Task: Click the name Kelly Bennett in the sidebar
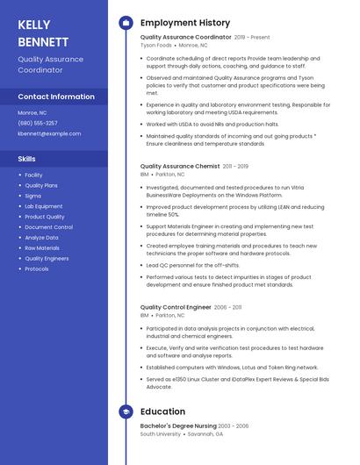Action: (43, 32)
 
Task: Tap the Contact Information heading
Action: (56, 97)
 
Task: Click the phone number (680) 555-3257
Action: (38, 123)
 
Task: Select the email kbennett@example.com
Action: (49, 133)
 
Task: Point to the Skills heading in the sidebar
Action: (27, 159)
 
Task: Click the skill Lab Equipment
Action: (44, 206)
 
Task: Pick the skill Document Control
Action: (49, 227)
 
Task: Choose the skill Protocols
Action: (37, 268)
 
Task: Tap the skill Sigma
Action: (33, 196)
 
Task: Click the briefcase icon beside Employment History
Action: (125, 23)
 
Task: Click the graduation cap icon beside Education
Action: (125, 411)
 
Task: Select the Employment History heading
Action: (185, 23)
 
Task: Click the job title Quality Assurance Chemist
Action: (180, 166)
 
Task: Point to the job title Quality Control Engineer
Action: (176, 307)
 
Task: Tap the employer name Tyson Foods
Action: (156, 45)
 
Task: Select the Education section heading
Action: (162, 411)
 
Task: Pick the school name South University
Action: (161, 433)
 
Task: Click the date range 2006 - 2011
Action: (227, 307)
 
